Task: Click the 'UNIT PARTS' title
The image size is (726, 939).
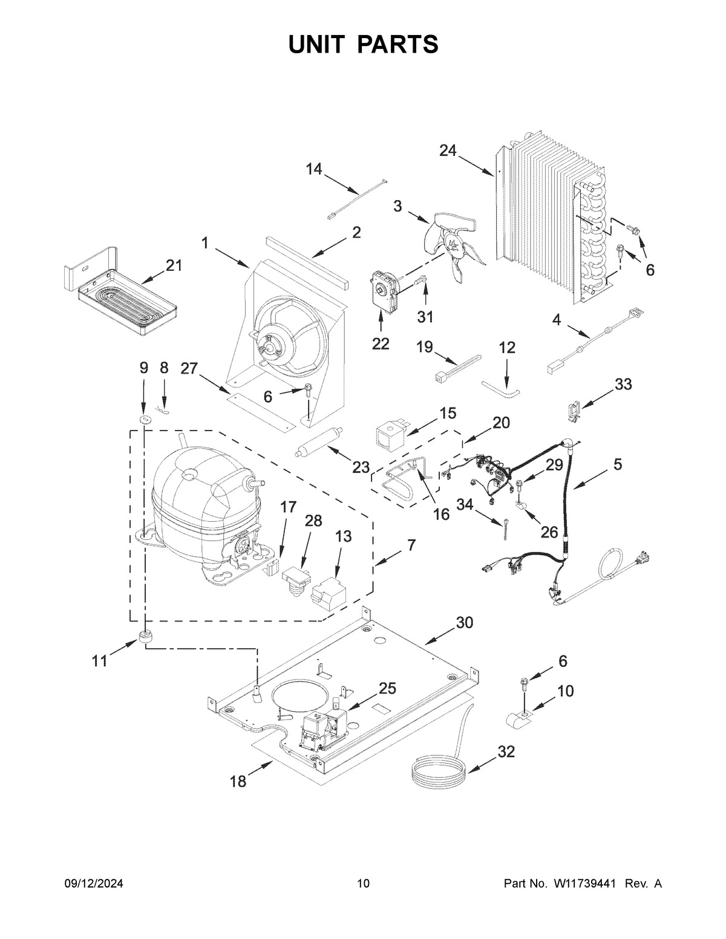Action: (363, 45)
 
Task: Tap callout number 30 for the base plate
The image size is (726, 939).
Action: (464, 623)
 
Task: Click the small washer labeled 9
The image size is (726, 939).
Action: (144, 420)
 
